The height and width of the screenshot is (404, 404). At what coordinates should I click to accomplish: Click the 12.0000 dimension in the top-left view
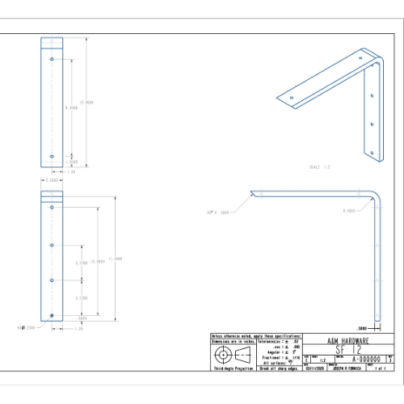[89, 103]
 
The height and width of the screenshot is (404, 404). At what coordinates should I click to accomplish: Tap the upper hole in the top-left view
[52, 60]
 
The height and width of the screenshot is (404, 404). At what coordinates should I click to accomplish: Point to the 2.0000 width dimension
[52, 181]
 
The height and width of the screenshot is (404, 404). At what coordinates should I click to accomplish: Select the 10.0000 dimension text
[98, 262]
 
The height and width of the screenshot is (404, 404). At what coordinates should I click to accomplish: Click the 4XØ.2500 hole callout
[27, 328]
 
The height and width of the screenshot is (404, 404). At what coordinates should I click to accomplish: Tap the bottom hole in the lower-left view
[52, 314]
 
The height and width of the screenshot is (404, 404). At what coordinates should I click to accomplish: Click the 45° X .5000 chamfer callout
[218, 212]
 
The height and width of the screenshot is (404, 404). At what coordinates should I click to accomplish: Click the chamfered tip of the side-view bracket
[252, 192]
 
